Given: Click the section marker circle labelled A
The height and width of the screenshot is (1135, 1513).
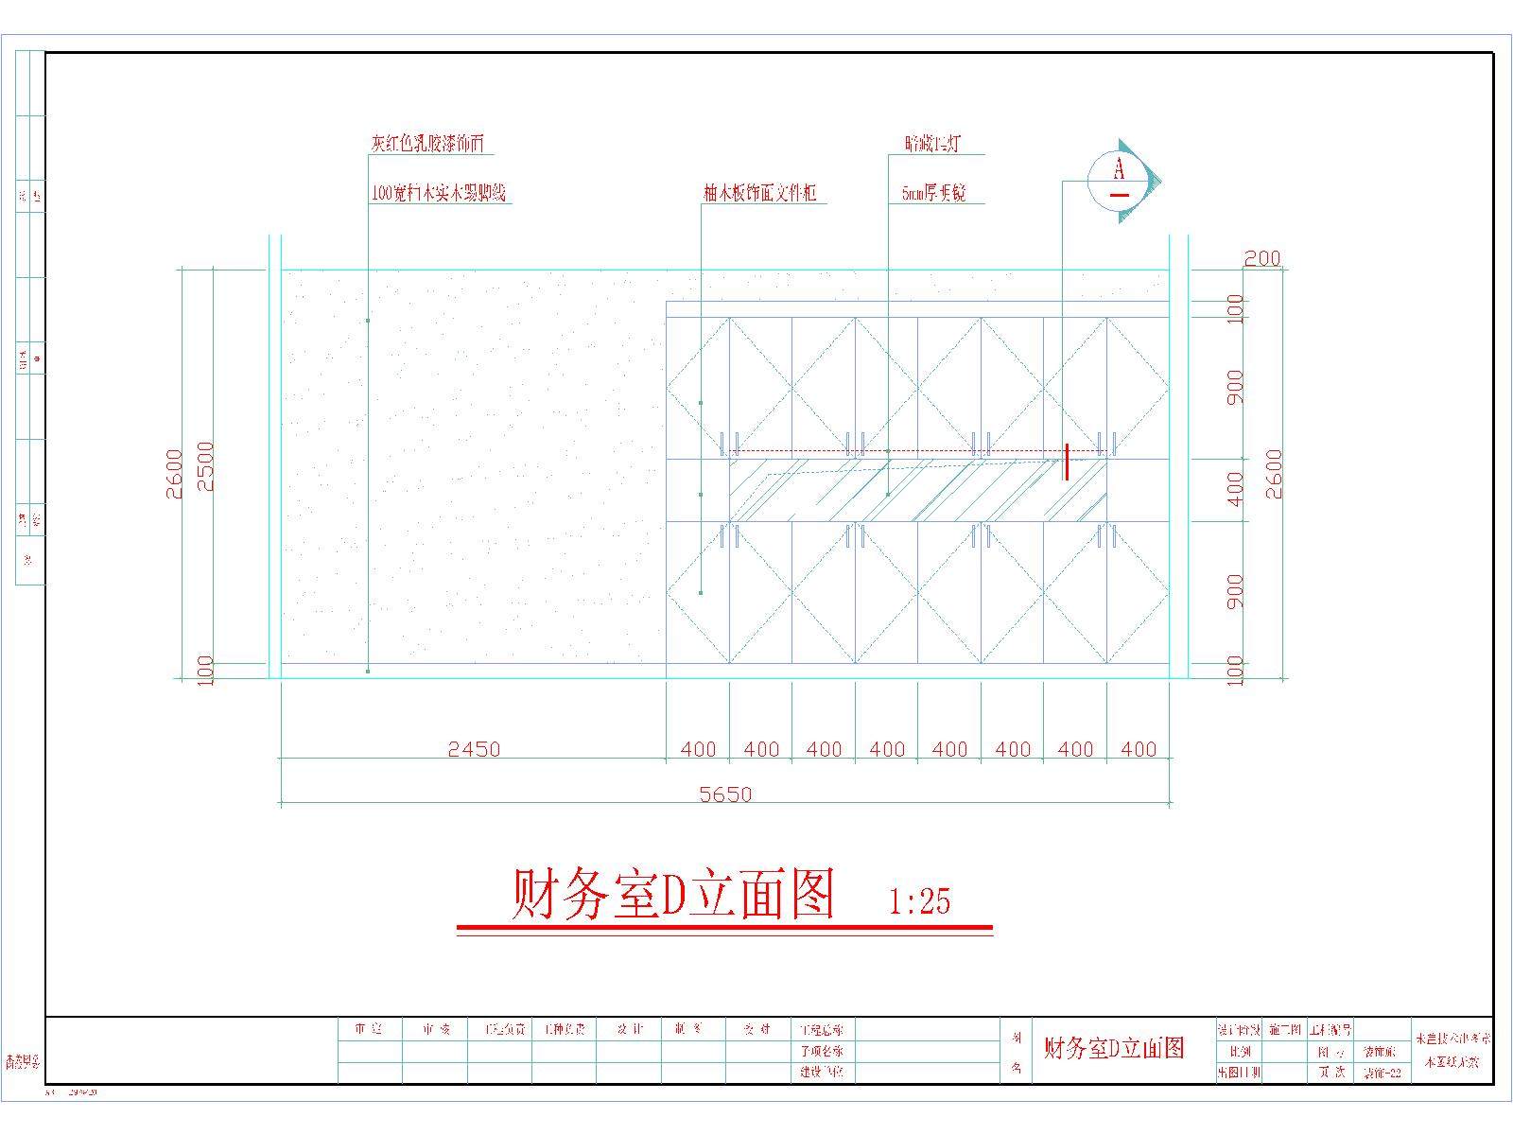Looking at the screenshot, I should (1120, 181).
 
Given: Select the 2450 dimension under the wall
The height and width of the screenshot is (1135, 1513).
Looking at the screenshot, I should (474, 749).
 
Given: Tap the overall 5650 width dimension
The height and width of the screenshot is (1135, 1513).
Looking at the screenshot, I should (725, 794).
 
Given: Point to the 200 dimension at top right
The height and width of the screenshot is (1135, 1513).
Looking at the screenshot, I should (1261, 258).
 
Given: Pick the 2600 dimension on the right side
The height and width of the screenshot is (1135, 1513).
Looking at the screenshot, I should (1274, 474).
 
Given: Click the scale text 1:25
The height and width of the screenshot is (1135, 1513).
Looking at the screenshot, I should (920, 900).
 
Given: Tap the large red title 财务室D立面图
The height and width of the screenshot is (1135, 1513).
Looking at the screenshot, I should (673, 895).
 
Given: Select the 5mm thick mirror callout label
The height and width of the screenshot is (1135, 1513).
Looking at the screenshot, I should (933, 195).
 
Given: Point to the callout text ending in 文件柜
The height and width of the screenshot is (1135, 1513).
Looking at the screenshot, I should (759, 194).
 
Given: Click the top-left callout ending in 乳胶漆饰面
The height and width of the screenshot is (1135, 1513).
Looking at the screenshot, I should (427, 144).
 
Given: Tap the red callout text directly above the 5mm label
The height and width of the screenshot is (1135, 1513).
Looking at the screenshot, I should (932, 144).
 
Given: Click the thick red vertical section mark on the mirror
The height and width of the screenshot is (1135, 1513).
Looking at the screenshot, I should (1067, 462).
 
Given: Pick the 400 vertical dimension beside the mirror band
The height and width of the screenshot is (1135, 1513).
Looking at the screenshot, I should (1235, 489).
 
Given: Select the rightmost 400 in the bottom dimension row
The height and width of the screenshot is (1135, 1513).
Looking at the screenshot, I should (1139, 749).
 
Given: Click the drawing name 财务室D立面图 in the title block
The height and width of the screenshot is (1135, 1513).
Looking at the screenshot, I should (1113, 1048).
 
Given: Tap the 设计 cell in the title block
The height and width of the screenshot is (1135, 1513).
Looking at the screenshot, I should (629, 1029).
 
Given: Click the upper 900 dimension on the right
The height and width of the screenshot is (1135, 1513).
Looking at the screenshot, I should (1235, 387).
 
